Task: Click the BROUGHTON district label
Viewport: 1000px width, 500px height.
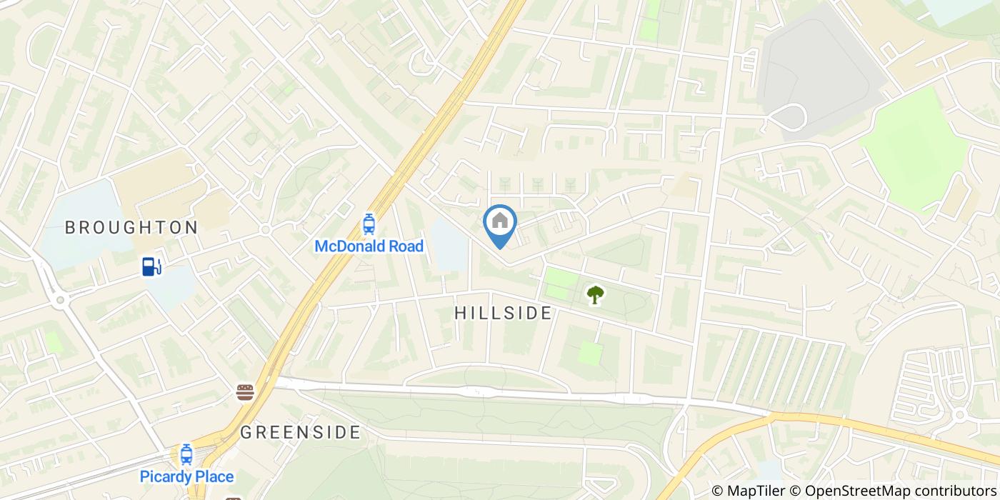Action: (131, 228)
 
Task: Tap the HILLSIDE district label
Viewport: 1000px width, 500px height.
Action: (503, 313)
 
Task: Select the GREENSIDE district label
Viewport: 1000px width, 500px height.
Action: (300, 432)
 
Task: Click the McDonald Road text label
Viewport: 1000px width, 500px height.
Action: (369, 246)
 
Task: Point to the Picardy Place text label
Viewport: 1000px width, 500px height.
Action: (186, 476)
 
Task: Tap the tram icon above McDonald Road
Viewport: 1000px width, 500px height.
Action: (369, 224)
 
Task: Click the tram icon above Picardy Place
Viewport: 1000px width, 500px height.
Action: (186, 454)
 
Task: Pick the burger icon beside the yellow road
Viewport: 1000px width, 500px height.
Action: (245, 391)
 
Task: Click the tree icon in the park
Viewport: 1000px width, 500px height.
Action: (595, 294)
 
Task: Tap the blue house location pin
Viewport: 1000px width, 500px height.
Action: (500, 223)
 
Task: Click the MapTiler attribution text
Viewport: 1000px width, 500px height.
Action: (749, 491)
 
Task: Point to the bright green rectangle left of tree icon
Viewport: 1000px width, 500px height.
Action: (561, 284)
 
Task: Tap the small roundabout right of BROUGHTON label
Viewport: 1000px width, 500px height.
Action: (265, 230)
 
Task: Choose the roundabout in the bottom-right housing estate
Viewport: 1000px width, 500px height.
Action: (959, 414)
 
